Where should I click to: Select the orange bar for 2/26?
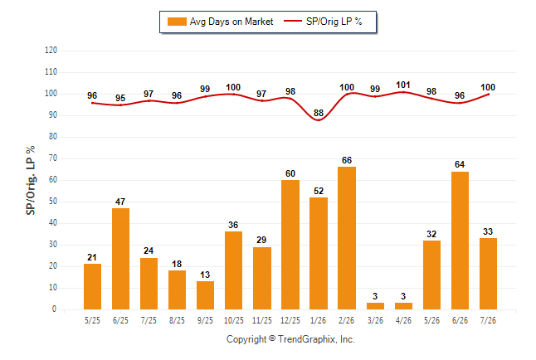347,238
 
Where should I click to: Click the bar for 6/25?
120,259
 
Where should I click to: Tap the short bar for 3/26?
375,306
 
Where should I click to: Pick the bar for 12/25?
290,245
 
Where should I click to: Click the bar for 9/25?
206,295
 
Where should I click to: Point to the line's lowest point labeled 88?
319,120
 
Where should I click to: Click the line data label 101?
403,85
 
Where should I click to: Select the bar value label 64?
460,164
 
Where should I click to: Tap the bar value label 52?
319,191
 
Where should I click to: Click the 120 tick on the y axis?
51,51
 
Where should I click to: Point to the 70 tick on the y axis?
53,158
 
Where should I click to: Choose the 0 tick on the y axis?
55,309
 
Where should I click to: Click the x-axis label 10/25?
234,320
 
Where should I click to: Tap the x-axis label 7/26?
488,320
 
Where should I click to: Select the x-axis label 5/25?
92,320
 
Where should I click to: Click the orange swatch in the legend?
177,22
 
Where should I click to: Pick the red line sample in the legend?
293,22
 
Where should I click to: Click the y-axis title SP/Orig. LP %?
31,181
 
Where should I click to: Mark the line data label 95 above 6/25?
120,98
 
